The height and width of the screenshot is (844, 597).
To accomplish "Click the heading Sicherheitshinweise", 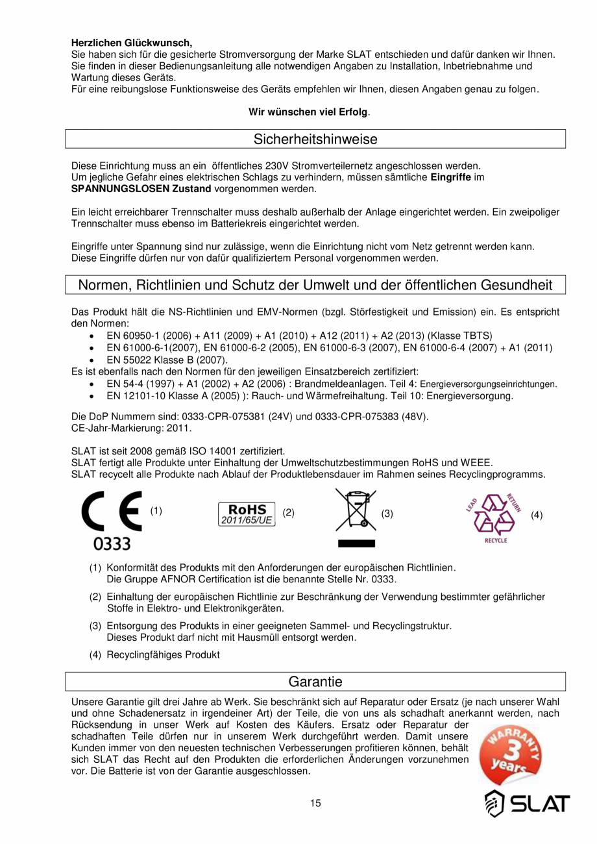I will (x=315, y=139).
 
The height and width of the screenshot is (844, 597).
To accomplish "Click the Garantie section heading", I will (x=315, y=682).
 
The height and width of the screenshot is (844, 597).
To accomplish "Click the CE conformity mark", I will (x=112, y=512).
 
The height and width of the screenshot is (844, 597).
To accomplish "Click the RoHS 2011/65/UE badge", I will (x=247, y=513).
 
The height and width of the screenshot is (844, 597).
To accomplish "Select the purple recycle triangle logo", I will (x=494, y=515).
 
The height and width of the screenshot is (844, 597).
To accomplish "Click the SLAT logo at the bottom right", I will (x=527, y=804).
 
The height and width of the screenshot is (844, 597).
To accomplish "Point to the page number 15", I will (x=315, y=804).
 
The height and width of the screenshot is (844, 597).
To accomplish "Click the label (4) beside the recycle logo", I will (x=536, y=515).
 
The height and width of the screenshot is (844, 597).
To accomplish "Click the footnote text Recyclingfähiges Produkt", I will (x=163, y=655).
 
